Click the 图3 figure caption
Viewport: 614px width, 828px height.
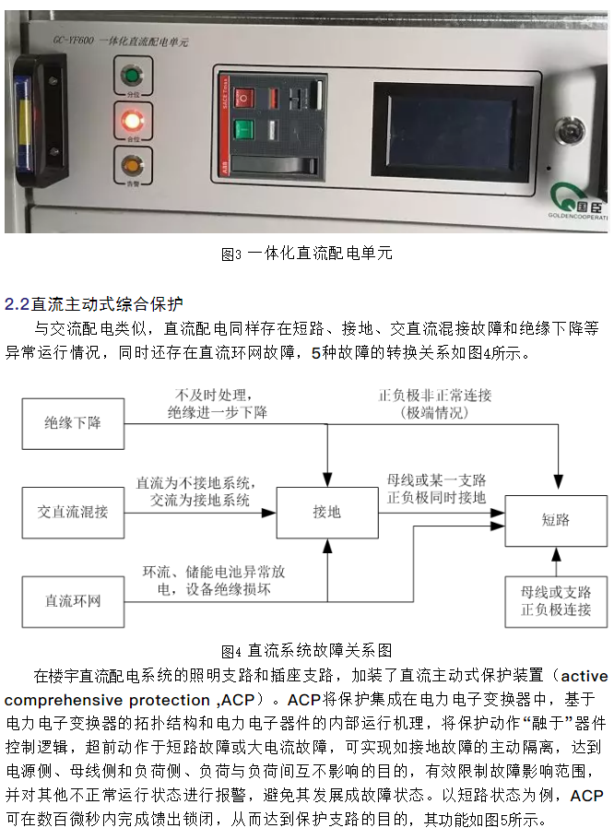(x=307, y=253)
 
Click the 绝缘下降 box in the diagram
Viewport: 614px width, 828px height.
(x=73, y=423)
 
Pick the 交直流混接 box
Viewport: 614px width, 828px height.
(x=73, y=511)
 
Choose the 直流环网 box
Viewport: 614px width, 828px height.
(x=73, y=600)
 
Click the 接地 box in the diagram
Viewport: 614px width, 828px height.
(x=327, y=511)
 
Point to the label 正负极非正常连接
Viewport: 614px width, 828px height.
(x=435, y=395)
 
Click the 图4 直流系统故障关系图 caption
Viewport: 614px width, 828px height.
(x=307, y=650)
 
